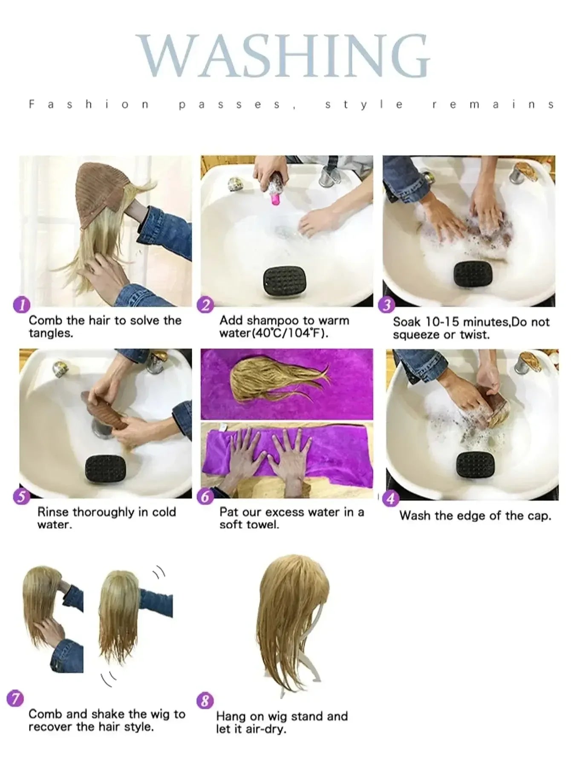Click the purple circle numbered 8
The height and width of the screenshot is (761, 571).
205,700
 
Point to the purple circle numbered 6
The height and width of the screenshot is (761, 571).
206,497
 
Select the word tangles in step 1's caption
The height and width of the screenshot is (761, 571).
50,333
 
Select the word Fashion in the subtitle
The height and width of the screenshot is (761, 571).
88,104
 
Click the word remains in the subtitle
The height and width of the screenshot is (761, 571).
493,104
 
